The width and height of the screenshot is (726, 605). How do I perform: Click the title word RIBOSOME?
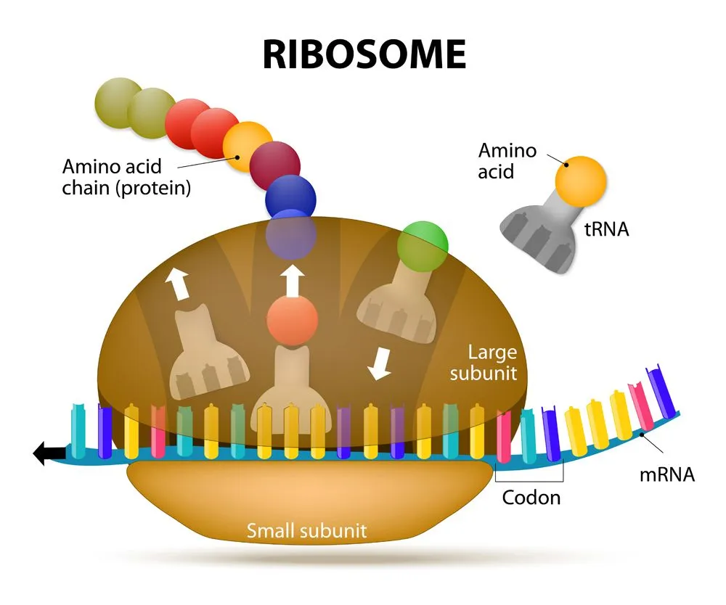363,54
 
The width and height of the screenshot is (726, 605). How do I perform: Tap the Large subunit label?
483,363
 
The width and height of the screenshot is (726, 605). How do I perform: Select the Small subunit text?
306,530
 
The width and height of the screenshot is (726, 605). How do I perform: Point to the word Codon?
531,498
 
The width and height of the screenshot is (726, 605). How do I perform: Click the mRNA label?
666,475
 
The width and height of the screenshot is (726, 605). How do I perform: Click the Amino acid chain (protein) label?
126,178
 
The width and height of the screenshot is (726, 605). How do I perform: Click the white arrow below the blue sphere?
292,280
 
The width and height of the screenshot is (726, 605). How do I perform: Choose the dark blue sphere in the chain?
290,195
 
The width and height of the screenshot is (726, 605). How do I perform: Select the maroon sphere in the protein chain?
275,164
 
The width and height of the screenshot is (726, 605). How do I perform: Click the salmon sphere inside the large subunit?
292,318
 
